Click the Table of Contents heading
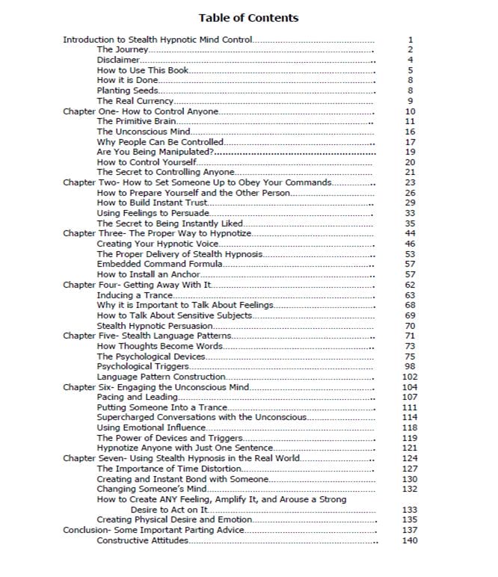(x=248, y=18)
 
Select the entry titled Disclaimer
(x=118, y=60)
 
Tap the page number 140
(x=409, y=540)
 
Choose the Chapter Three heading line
(x=157, y=233)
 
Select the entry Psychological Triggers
(x=142, y=366)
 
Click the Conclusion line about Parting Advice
(x=153, y=530)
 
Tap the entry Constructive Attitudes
(x=142, y=540)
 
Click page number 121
(x=409, y=448)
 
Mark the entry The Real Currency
(x=135, y=101)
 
